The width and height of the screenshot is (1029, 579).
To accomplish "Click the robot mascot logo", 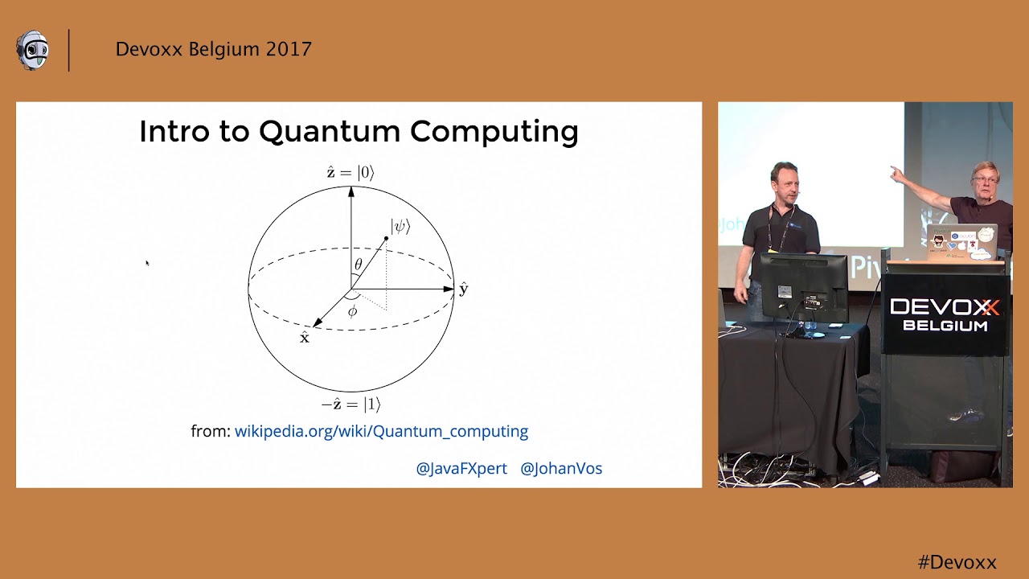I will [33, 51].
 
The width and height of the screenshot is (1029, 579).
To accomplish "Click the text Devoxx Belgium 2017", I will [213, 49].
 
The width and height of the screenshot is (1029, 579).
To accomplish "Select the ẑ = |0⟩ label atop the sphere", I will [350, 172].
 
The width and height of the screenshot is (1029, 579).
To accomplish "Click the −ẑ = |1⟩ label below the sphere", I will [351, 404].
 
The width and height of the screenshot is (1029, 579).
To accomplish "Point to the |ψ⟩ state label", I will [400, 226].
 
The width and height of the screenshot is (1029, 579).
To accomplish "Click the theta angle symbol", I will [359, 265].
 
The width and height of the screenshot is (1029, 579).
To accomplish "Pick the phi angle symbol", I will [352, 311].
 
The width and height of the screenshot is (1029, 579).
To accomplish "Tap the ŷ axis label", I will [463, 289].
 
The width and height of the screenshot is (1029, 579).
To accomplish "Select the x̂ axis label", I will [304, 338].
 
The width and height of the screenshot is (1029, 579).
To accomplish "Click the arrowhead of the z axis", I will [351, 191].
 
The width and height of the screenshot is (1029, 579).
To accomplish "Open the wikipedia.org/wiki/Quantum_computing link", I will [381, 431].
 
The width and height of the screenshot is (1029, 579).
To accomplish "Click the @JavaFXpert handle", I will [461, 468].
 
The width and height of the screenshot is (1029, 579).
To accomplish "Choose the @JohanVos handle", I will [561, 468].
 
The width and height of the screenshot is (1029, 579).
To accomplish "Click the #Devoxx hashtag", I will [957, 562].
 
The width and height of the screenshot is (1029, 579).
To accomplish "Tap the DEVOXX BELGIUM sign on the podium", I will [945, 314].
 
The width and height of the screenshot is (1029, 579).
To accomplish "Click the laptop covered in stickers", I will [961, 241].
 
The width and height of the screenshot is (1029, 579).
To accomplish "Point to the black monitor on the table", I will [803, 285].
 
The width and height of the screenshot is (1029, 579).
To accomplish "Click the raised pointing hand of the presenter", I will [896, 173].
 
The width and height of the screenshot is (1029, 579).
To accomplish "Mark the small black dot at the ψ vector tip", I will [386, 239].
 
